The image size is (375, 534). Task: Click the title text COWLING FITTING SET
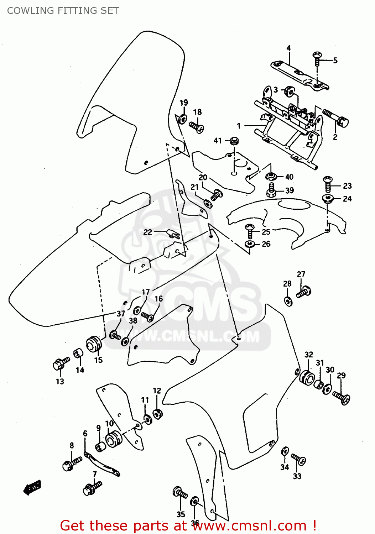(63, 11)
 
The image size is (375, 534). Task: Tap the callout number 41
(217, 141)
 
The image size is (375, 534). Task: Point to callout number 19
(183, 103)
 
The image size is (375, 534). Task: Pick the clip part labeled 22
(172, 234)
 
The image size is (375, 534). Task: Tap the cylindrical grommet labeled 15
(94, 344)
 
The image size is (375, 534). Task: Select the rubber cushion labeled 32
(306, 378)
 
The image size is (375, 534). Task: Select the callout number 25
(266, 232)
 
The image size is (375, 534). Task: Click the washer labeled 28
(288, 301)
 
